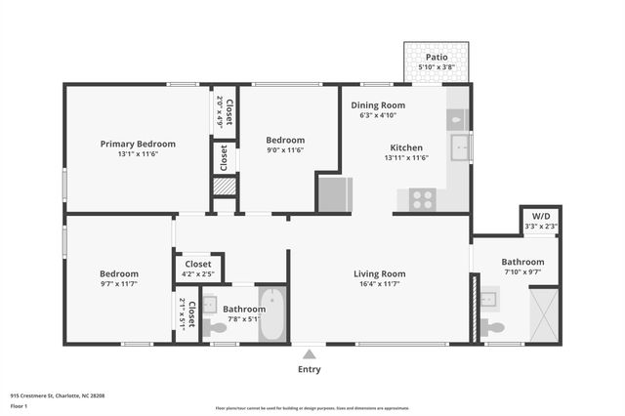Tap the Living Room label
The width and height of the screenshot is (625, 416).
(x=379, y=273)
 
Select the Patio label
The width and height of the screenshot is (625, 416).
(x=436, y=58)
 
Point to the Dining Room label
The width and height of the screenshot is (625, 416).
(x=378, y=104)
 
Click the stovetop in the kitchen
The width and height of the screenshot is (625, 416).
(x=422, y=199)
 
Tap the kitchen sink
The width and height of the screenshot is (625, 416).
(x=458, y=148)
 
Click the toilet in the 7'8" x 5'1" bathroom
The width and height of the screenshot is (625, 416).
(x=214, y=326)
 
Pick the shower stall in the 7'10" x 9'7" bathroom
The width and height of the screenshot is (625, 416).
(x=544, y=313)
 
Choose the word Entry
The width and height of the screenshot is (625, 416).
(x=308, y=369)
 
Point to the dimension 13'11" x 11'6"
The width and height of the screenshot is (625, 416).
(x=406, y=157)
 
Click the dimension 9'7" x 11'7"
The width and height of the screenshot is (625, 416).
(x=119, y=284)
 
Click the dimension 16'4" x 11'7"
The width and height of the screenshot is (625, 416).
(x=379, y=284)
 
